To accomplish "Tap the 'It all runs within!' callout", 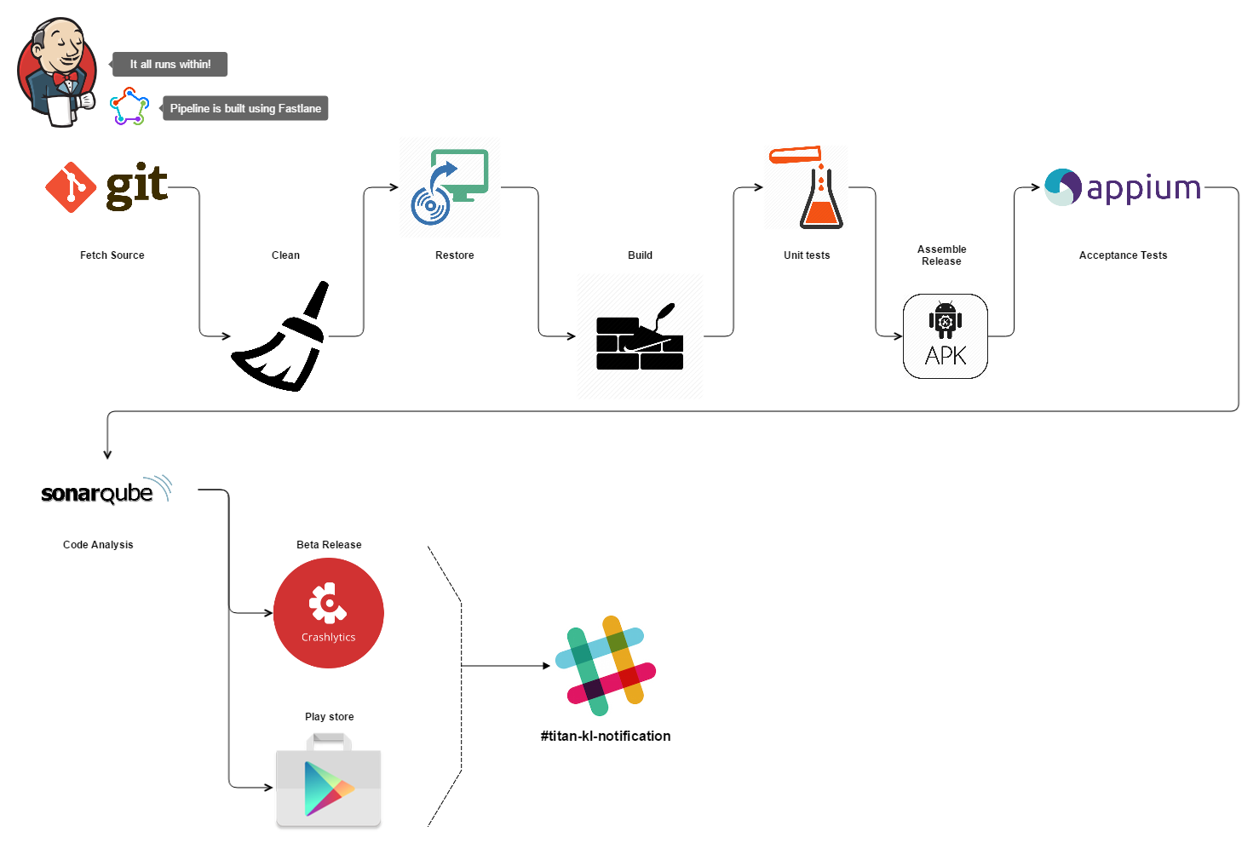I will (x=170, y=64).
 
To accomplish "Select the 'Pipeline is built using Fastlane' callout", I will (x=245, y=108).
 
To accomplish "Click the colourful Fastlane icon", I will (x=129, y=106).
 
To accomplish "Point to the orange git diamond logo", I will (x=71, y=187).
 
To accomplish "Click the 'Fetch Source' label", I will (x=112, y=255).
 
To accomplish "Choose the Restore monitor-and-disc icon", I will (x=450, y=186).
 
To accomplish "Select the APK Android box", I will (x=946, y=336).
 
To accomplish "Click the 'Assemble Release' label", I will (x=941, y=255).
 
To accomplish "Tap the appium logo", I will (x=1123, y=187).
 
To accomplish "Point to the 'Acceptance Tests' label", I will (x=1123, y=255).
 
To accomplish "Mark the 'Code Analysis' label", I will (x=98, y=545).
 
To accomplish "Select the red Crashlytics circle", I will (x=329, y=613).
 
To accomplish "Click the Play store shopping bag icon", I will (x=329, y=782).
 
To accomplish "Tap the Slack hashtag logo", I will (x=605, y=666).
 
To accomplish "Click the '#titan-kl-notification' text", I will (x=605, y=736).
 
